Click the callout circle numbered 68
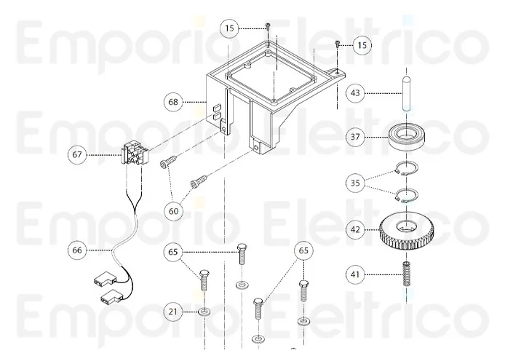[172, 102]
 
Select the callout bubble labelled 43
[354, 92]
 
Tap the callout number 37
[354, 136]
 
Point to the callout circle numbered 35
[354, 183]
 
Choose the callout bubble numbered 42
[354, 229]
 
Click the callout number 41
[354, 274]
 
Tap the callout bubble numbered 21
[172, 312]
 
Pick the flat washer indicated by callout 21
[204, 313]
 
